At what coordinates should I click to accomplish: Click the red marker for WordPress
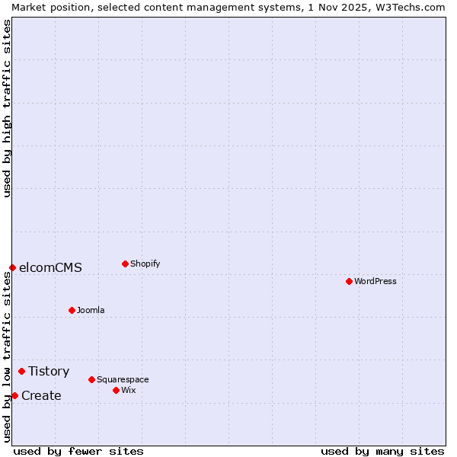(349, 281)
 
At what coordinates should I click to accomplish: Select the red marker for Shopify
(125, 264)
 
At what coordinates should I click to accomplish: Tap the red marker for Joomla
(72, 310)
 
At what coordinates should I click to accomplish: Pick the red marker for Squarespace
(91, 379)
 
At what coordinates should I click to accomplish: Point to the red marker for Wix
(116, 390)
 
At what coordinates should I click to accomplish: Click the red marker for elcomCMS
(12, 267)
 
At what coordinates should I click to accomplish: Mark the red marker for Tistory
(21, 371)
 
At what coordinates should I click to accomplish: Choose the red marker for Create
(14, 395)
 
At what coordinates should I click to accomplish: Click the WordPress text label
(376, 281)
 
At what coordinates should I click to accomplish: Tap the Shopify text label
(145, 264)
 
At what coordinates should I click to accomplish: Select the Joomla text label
(91, 310)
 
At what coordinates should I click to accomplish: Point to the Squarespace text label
(123, 379)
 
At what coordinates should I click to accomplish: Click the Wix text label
(128, 390)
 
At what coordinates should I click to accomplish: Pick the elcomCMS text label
(50, 267)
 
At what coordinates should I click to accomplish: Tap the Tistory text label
(49, 371)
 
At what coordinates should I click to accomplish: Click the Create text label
(41, 395)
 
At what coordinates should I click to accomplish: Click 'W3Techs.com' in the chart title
(411, 7)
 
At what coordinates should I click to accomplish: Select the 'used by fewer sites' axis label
(78, 451)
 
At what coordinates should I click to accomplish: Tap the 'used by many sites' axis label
(382, 451)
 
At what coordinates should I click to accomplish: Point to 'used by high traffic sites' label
(7, 108)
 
